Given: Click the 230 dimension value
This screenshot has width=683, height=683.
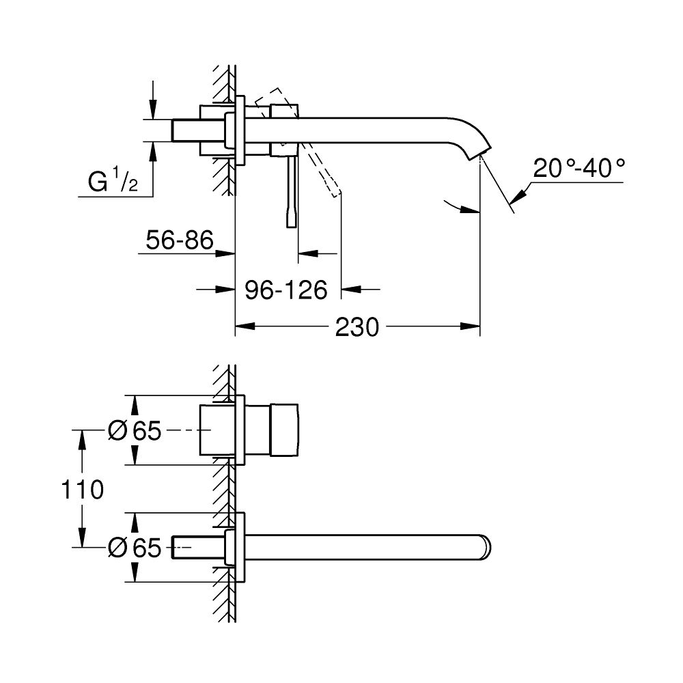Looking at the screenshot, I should [x=357, y=327].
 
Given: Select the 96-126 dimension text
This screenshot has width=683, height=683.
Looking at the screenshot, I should [x=286, y=290].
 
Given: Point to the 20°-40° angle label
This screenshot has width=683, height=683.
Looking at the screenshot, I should [x=579, y=168].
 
